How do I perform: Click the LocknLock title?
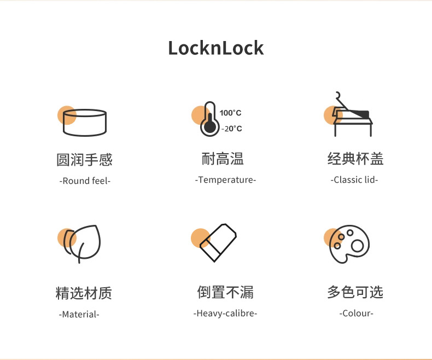click(x=215, y=48)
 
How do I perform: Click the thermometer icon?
click(x=208, y=119)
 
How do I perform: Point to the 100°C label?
click(x=230, y=113)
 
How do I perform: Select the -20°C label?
click(x=231, y=129)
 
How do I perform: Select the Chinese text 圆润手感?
click(x=84, y=160)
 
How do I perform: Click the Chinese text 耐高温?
click(x=223, y=159)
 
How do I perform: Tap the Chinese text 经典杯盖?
click(x=355, y=159)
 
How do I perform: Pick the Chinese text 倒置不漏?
click(x=225, y=292)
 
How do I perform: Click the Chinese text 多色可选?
click(x=355, y=292)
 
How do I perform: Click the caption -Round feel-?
click(x=84, y=181)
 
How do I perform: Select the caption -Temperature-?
click(x=225, y=179)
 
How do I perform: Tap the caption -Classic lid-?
click(x=355, y=179)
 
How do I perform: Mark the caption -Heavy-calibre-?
click(x=225, y=313)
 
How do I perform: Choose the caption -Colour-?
click(x=355, y=313)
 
